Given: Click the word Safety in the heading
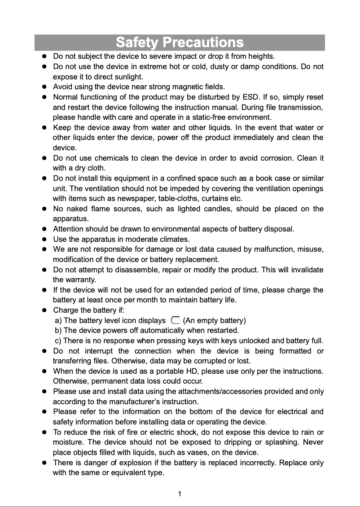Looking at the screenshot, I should click(x=137, y=43).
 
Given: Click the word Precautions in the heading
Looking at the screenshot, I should click(x=203, y=43).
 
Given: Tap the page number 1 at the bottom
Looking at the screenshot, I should click(x=180, y=494).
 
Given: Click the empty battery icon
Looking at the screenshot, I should click(x=175, y=320).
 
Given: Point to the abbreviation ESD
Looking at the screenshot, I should click(x=250, y=97).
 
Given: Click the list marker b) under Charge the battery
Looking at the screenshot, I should click(x=58, y=330).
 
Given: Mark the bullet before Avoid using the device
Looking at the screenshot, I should click(x=44, y=87).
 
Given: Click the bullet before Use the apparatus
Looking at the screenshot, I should click(x=44, y=239).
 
